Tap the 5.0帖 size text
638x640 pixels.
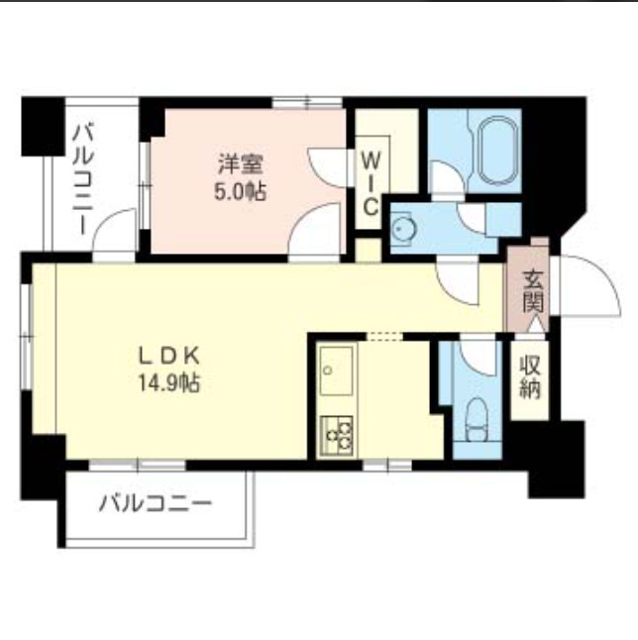[240, 190]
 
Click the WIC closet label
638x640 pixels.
[369, 181]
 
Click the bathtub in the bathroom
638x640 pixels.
[492, 152]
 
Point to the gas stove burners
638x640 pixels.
[337, 433]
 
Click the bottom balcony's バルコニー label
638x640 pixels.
[155, 503]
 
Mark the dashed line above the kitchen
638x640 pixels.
[384, 337]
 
